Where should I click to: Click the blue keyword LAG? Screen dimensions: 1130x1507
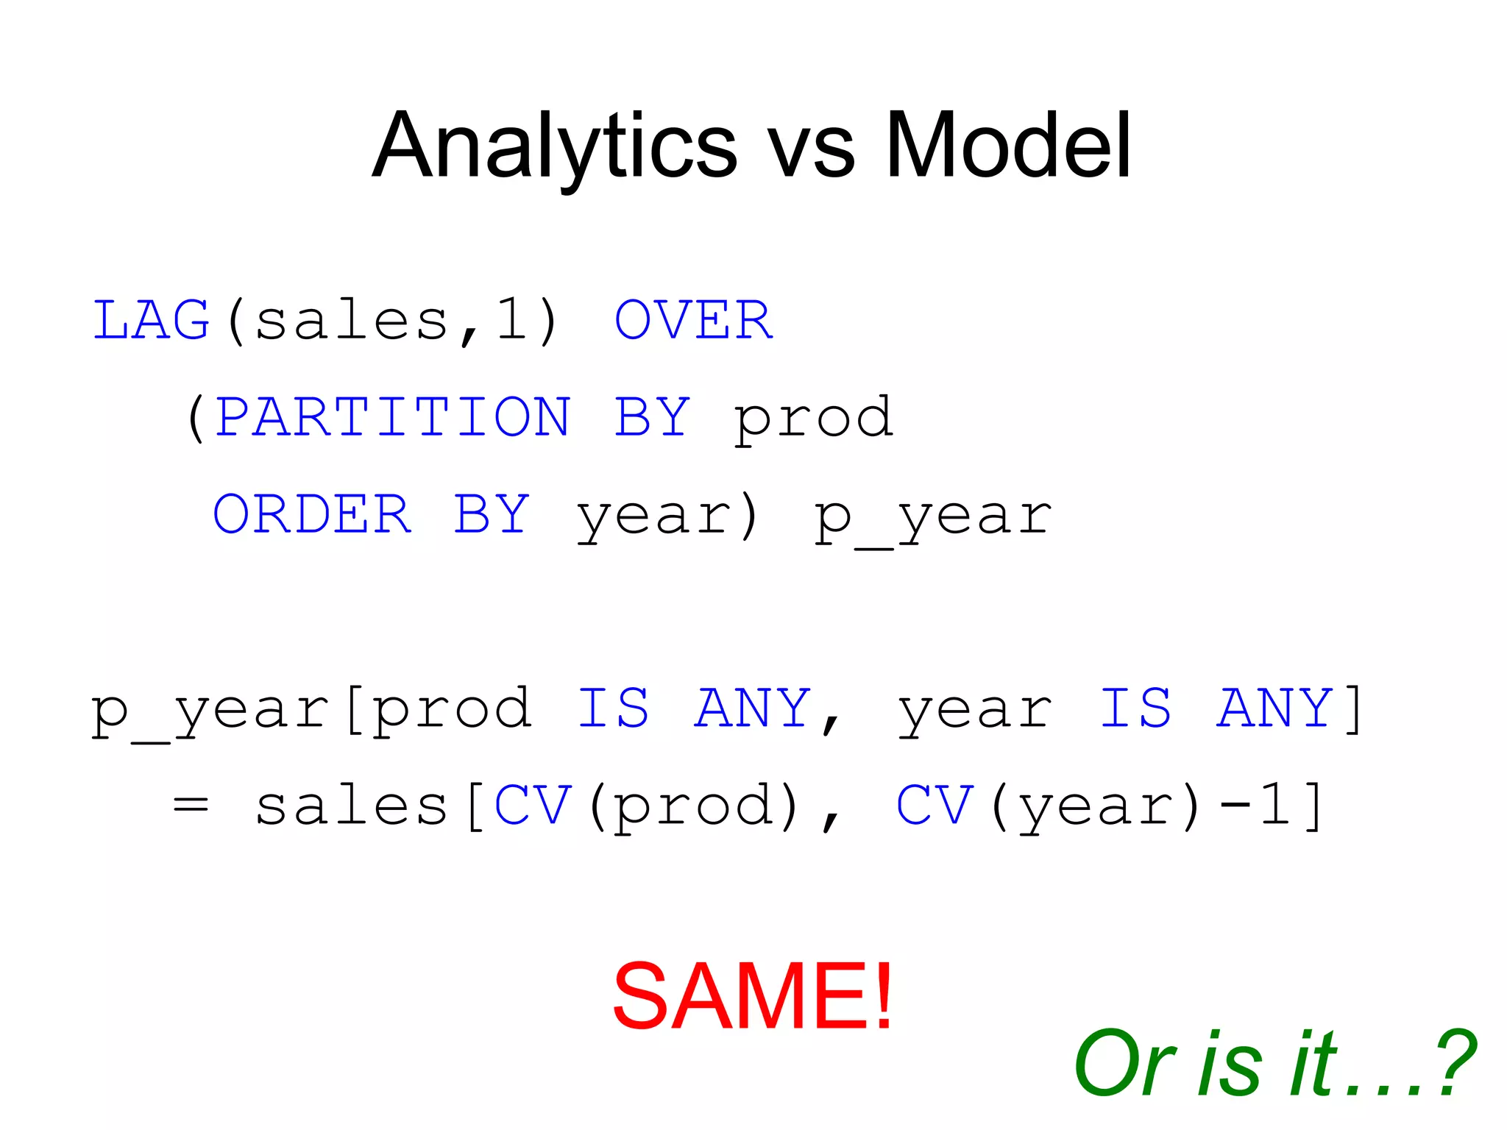tap(151, 321)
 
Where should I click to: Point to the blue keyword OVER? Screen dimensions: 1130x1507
tap(693, 321)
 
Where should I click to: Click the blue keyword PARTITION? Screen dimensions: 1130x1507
tap(393, 417)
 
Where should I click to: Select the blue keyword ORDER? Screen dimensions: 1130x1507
tap(311, 514)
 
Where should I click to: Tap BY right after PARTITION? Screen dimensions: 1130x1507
tap(652, 417)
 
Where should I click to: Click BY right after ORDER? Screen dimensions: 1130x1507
tap(492, 514)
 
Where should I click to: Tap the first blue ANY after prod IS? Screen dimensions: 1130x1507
tap(753, 708)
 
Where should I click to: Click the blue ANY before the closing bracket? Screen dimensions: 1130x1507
tap(1274, 708)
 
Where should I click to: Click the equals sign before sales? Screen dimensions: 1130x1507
tap(191, 806)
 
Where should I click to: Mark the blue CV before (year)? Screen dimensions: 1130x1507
tap(935, 805)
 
